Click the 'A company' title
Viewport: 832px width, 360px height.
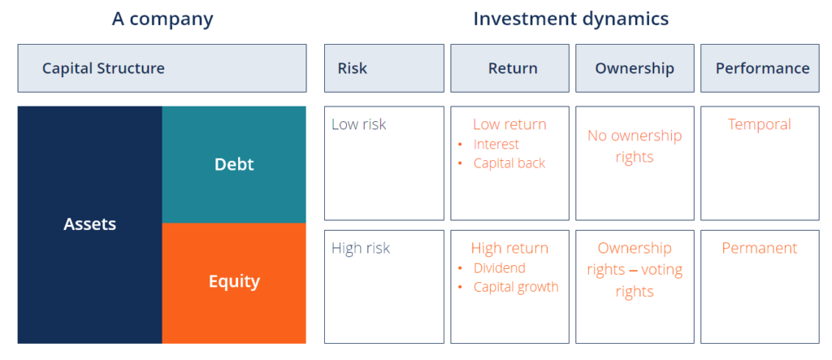pyautogui.click(x=162, y=19)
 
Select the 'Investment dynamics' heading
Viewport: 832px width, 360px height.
pyautogui.click(x=571, y=19)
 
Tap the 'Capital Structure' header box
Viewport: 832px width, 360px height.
pyautogui.click(x=162, y=68)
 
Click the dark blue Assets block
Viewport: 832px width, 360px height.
pyautogui.click(x=89, y=224)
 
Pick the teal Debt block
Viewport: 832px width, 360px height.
pyautogui.click(x=234, y=164)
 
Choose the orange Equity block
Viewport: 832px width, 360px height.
pyautogui.click(x=234, y=282)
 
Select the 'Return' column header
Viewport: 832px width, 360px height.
pyautogui.click(x=513, y=68)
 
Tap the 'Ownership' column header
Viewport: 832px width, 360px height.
pyautogui.click(x=635, y=68)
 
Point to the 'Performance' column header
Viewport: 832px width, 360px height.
pyautogui.click(x=762, y=68)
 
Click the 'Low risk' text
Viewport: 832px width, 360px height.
pyautogui.click(x=359, y=124)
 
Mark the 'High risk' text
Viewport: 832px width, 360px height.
pyautogui.click(x=361, y=249)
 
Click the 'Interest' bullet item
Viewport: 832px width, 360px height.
pyautogui.click(x=496, y=145)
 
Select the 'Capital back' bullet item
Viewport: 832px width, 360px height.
pyautogui.click(x=509, y=163)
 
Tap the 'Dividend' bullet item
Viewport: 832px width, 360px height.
pyautogui.click(x=499, y=268)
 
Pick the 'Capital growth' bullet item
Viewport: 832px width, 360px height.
pyautogui.click(x=516, y=287)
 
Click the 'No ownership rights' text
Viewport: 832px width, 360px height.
pyautogui.click(x=635, y=146)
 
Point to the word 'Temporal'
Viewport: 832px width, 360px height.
pyautogui.click(x=759, y=124)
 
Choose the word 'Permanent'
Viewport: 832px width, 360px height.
pyautogui.click(x=759, y=249)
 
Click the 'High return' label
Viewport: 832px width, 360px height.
pyautogui.click(x=509, y=249)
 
